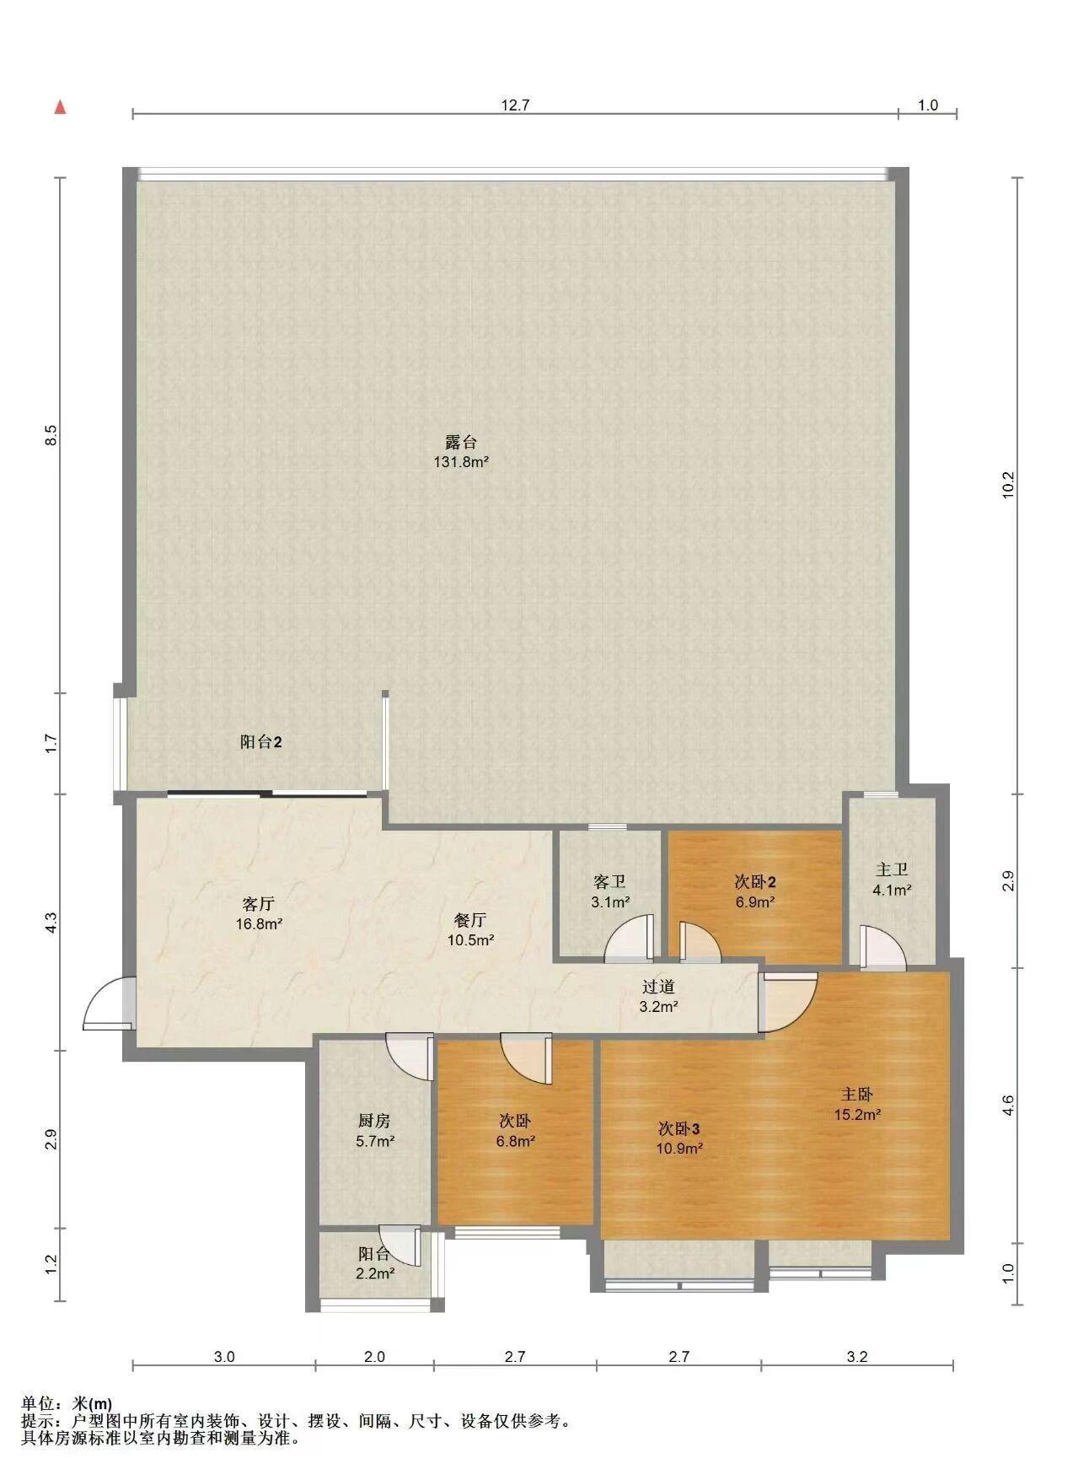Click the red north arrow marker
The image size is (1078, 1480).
click(x=60, y=107)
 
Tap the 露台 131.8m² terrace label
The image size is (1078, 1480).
click(x=461, y=451)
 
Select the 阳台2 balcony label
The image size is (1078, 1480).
click(x=260, y=742)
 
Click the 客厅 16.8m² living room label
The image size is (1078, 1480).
click(x=259, y=913)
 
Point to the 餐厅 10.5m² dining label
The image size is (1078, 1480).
click(x=469, y=929)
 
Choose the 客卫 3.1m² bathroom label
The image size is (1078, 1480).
click(x=610, y=891)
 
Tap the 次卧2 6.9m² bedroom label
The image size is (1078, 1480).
click(x=755, y=891)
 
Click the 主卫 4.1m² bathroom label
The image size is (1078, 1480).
click(x=893, y=879)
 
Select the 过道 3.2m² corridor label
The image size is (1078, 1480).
click(x=658, y=996)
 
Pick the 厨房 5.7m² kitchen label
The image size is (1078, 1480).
click(x=374, y=1131)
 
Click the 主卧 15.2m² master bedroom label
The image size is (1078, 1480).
click(x=857, y=1104)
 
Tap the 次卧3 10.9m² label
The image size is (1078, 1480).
click(x=679, y=1138)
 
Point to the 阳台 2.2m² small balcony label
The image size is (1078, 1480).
click(x=374, y=1263)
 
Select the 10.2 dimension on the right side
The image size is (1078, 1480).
click(x=1008, y=485)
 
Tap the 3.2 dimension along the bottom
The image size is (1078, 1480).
click(x=857, y=1357)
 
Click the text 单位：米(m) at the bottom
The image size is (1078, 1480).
click(x=67, y=1403)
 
